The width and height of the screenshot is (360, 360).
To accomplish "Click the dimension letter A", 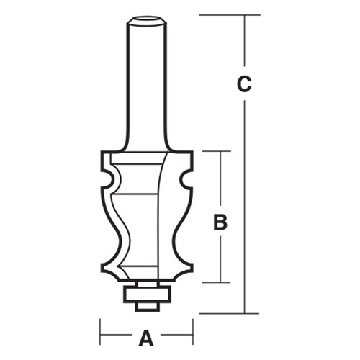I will click(x=146, y=337).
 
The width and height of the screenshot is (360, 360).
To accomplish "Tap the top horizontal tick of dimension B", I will click(x=216, y=151).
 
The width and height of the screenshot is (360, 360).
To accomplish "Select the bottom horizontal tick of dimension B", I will click(x=216, y=282).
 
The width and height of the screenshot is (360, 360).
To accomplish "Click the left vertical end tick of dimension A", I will click(x=100, y=336).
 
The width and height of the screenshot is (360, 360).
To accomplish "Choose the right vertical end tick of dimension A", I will click(x=193, y=336).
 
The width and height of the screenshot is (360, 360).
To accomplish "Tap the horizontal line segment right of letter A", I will click(x=176, y=337).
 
